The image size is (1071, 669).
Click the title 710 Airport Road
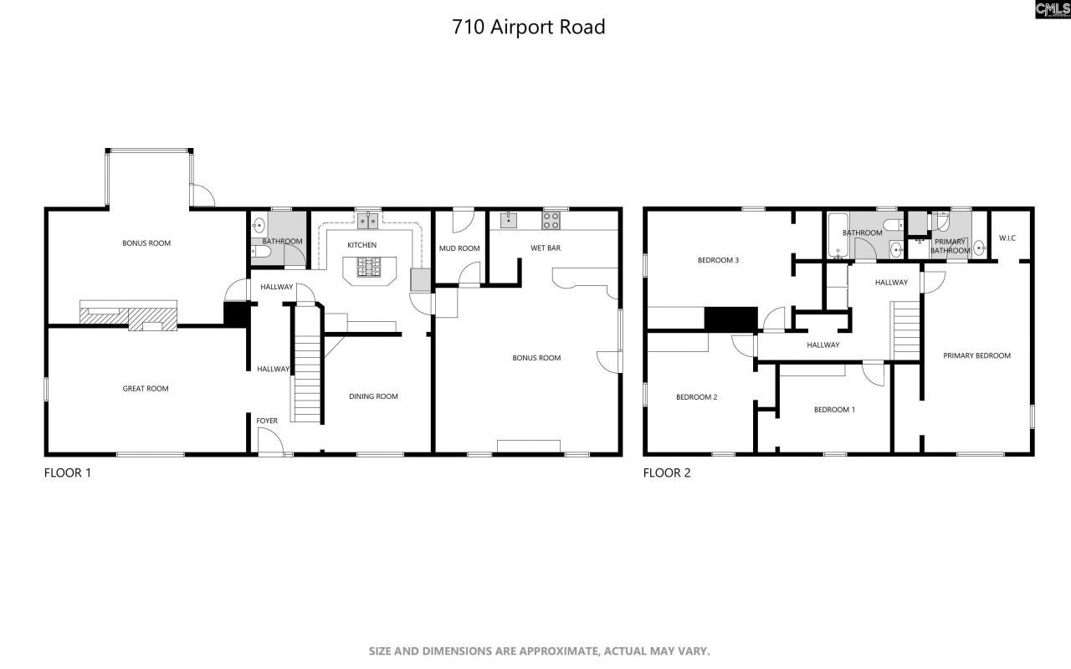click(528, 27)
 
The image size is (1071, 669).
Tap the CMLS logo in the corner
click(1053, 9)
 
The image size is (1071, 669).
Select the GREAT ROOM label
click(146, 389)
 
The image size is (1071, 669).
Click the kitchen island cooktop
click(368, 267)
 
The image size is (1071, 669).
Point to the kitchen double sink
click(368, 221)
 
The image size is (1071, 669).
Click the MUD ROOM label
click(459, 248)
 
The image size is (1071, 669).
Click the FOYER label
click(267, 421)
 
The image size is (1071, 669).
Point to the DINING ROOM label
click(373, 396)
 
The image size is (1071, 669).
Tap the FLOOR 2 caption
click(667, 472)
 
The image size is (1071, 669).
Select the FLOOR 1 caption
click(67, 472)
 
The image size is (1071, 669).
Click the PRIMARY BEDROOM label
click(976, 355)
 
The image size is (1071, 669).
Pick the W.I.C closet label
click(1007, 238)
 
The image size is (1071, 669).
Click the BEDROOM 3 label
click(718, 260)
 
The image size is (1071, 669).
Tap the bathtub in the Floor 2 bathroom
click(838, 237)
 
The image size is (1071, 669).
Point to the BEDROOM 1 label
click(834, 410)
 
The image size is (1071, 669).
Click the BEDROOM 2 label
click(696, 397)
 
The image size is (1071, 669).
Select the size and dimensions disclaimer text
click(540, 651)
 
